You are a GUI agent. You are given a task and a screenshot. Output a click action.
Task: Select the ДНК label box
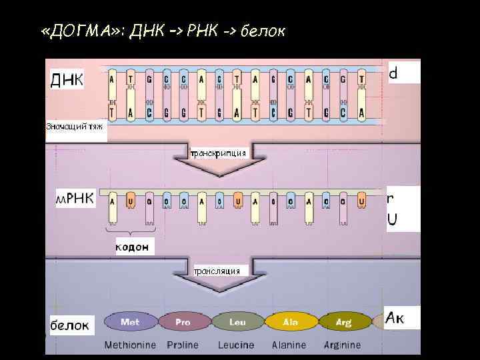coord(67,80)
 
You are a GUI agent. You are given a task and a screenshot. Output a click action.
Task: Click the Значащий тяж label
coord(75,126)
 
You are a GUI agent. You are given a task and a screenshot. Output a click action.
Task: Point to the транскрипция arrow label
coord(218,153)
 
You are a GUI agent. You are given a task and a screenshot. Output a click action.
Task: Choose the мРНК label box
coord(75,199)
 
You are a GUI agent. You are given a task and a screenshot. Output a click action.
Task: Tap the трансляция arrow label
coord(220,271)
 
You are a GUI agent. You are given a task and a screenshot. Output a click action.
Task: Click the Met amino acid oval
coord(130,322)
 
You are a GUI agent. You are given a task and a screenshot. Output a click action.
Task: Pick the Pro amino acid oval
coord(183,322)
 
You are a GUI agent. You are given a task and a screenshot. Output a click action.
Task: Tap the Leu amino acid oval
coord(237,322)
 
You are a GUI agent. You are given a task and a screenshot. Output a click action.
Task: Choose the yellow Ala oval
coord(291,322)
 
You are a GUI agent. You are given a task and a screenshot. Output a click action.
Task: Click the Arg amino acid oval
coord(343,322)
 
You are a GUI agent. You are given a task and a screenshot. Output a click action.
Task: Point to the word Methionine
coord(130,345)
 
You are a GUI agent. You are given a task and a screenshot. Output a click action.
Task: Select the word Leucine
coord(236,345)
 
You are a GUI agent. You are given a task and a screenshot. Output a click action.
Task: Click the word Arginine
coord(342,345)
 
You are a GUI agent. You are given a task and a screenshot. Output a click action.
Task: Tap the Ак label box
coord(403,317)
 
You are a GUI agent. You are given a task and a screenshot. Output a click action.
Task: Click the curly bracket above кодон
coord(134,231)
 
